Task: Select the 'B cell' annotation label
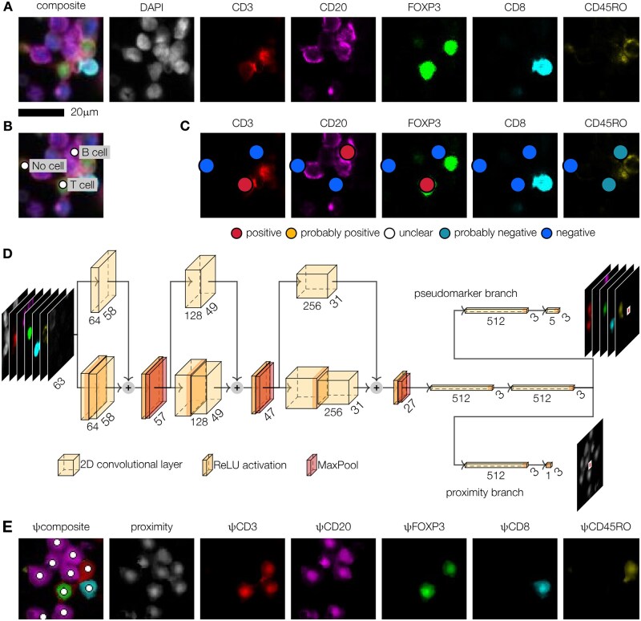(93, 152)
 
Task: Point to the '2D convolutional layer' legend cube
(66, 464)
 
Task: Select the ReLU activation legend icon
(208, 464)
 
